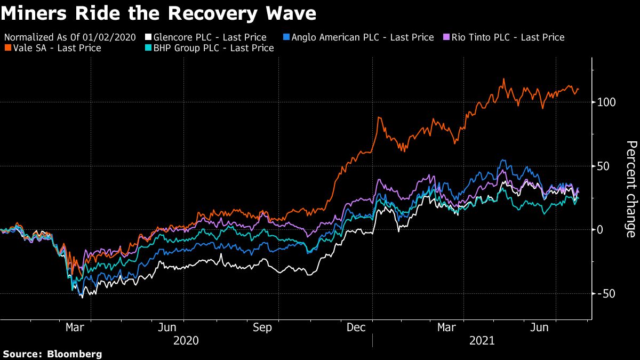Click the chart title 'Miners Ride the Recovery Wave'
click(158, 14)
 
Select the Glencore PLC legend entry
click(211, 37)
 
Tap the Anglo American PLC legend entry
click(357, 37)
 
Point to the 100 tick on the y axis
click(606, 102)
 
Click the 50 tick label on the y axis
click(603, 166)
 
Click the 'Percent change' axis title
click(631, 189)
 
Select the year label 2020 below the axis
click(186, 340)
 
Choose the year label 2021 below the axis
click(481, 340)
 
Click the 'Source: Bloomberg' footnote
click(52, 354)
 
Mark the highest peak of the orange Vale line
click(503, 79)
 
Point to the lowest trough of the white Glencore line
click(82, 297)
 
